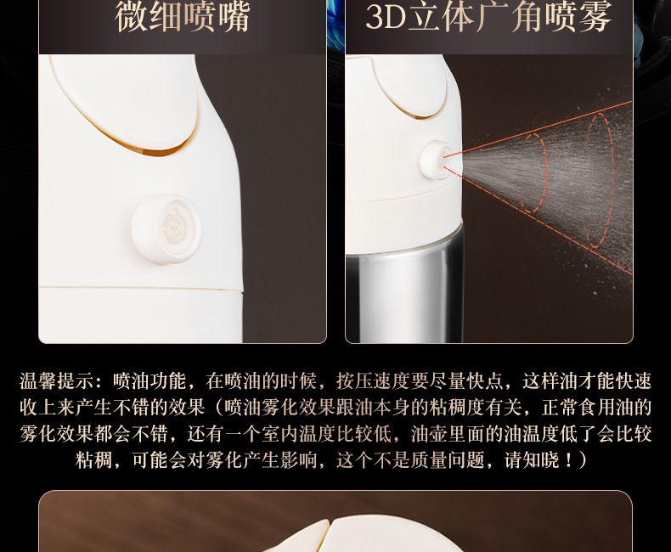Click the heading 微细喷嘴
click(x=183, y=16)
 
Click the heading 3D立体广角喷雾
click(x=488, y=16)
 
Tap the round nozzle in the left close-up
click(x=166, y=228)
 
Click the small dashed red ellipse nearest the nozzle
click(x=536, y=173)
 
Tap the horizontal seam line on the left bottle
click(x=141, y=289)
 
